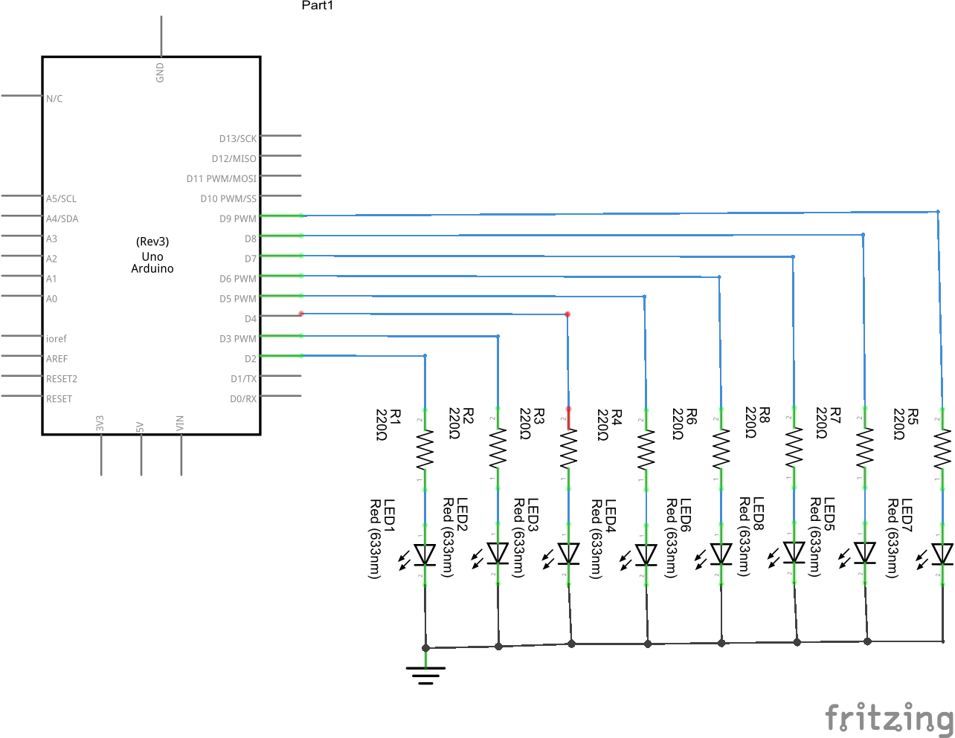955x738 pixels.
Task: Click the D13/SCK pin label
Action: tap(237, 139)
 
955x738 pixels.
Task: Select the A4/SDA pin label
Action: tap(62, 219)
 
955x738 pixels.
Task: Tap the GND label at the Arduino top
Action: tap(160, 72)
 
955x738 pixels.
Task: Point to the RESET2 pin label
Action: tap(62, 378)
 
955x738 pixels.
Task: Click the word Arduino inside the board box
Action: tap(152, 268)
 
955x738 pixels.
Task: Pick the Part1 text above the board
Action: tap(318, 5)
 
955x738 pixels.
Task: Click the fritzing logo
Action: tap(889, 718)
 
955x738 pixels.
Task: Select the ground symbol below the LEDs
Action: tap(425, 674)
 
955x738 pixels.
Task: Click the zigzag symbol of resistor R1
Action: tap(425, 450)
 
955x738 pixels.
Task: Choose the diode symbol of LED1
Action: tap(425, 554)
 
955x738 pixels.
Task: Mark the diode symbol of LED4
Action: tap(646, 554)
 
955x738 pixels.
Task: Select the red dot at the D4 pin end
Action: tap(300, 314)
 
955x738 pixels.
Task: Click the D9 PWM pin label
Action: tap(237, 219)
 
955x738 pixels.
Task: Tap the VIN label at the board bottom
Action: tap(180, 424)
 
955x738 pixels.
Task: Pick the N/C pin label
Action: tap(54, 98)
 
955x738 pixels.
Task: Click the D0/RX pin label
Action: tap(243, 398)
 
